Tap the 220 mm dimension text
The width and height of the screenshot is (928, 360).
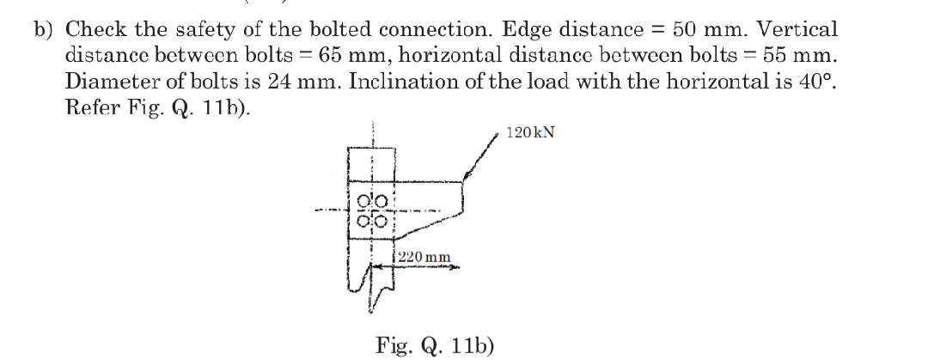point(424,257)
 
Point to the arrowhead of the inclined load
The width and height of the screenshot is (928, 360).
point(465,181)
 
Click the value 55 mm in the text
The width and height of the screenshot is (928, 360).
point(799,57)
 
